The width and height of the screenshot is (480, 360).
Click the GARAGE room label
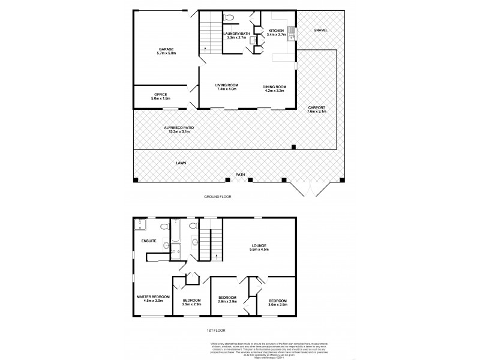coord(166,49)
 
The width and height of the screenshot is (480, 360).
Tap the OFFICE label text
coord(160,94)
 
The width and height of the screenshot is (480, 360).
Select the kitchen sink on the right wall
coord(291,33)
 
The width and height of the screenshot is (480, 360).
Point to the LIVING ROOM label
coord(226,86)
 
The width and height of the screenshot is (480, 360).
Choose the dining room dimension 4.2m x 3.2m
coord(275,91)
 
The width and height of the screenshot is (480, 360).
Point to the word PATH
coord(240,175)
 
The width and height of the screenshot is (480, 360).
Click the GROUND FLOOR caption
coord(218,196)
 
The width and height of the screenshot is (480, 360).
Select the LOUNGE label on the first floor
coord(259,245)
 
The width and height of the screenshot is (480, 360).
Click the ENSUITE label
coord(149,241)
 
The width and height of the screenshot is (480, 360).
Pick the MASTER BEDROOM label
coord(152,296)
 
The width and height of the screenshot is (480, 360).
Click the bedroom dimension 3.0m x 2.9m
coord(278,305)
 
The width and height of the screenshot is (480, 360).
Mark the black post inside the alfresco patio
coord(293,147)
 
